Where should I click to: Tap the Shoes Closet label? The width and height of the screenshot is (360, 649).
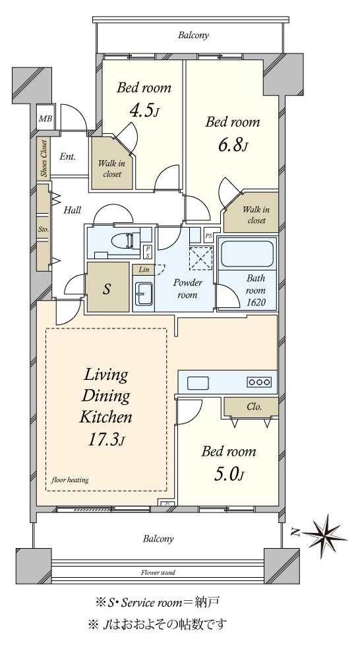click(44, 158)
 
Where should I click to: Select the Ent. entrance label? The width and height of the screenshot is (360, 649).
click(67, 157)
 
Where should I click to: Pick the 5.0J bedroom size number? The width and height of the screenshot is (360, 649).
click(228, 474)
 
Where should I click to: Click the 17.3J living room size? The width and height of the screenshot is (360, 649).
click(105, 439)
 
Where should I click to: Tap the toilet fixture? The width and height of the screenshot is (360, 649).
click(129, 241)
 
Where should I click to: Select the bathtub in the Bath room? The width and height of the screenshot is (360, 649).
click(247, 254)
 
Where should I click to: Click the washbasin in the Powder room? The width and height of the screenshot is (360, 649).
click(143, 293)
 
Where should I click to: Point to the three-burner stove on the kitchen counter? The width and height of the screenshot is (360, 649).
click(260, 382)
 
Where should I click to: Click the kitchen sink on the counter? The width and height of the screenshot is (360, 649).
click(198, 383)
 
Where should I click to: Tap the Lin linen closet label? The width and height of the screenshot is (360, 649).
click(144, 270)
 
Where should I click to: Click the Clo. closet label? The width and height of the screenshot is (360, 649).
click(254, 406)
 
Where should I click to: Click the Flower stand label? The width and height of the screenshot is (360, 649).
click(158, 573)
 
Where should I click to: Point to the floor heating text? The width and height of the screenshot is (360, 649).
click(70, 480)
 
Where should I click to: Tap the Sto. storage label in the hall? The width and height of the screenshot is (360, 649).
click(44, 228)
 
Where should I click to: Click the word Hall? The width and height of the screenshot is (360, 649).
click(72, 210)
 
